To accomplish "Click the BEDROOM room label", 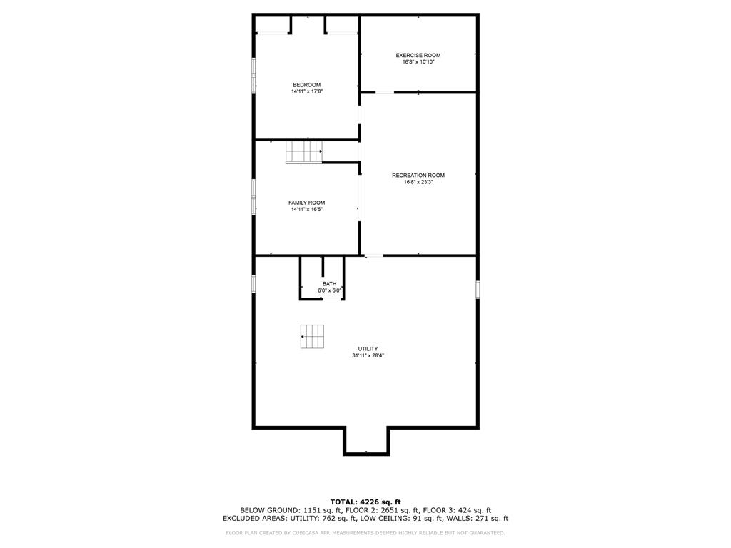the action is (x=307, y=85).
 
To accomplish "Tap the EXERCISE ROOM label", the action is (x=418, y=55).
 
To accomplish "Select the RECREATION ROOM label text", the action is (x=418, y=176).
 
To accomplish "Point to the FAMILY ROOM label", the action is (x=307, y=203).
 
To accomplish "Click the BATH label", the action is (x=329, y=284).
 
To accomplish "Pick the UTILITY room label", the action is (x=368, y=348).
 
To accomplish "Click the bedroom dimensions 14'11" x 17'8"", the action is (x=307, y=92).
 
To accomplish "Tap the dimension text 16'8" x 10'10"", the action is (x=418, y=62).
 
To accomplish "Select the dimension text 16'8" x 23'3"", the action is (x=418, y=182).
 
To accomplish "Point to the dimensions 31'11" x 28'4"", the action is (x=368, y=355).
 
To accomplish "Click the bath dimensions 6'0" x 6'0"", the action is (x=329, y=291).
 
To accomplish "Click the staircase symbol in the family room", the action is (x=304, y=152).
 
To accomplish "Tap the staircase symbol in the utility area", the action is (x=312, y=337).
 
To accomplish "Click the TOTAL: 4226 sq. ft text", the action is (x=365, y=502).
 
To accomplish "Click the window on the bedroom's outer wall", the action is (x=253, y=75).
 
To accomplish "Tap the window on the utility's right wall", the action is (x=478, y=289).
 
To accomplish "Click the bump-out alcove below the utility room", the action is (x=366, y=440).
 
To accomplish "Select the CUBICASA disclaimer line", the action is (x=365, y=532).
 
